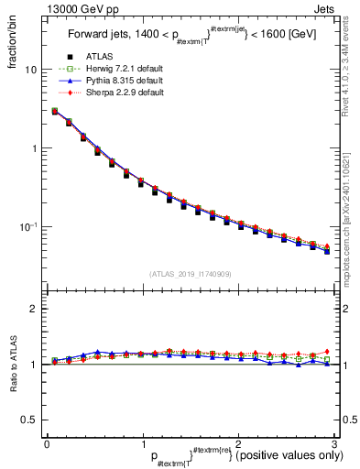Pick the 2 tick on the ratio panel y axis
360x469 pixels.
(x=34, y=309)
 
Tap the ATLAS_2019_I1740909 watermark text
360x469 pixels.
(x=189, y=274)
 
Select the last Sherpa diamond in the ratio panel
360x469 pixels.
(x=326, y=352)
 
